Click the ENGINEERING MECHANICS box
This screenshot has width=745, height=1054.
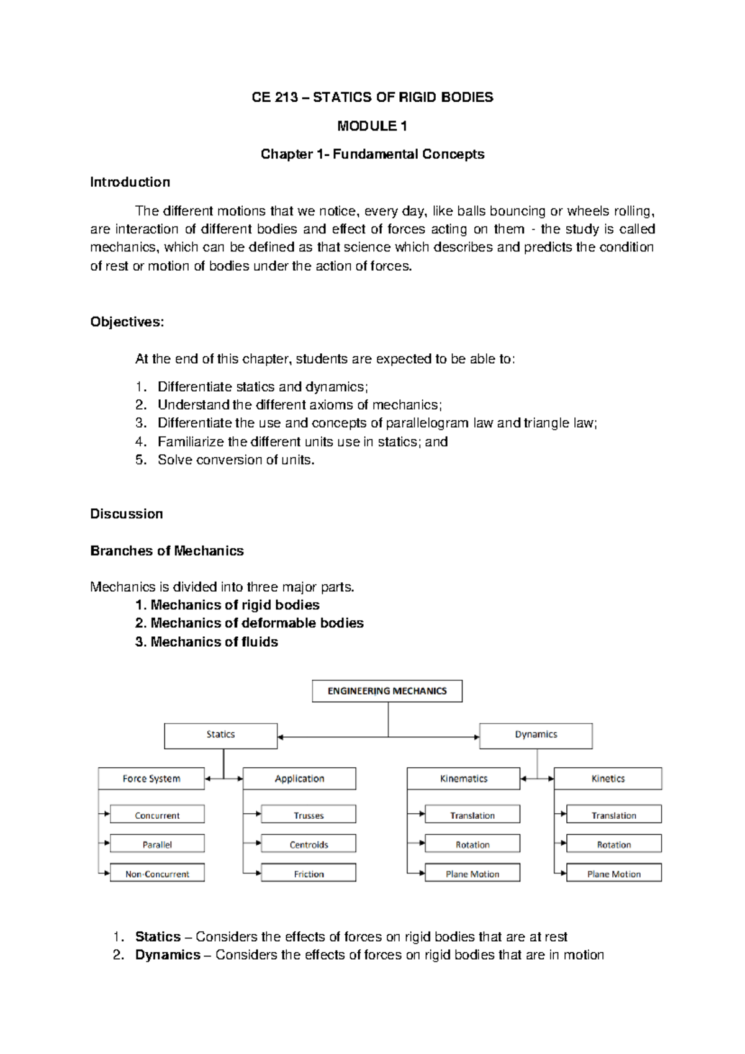click(x=387, y=691)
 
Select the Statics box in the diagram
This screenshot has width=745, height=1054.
click(x=220, y=735)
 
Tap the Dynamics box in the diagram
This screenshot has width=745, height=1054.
click(x=535, y=735)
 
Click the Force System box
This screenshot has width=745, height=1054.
click(x=151, y=778)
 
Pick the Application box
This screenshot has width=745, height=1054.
click(x=299, y=778)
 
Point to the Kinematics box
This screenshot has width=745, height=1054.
click(x=463, y=778)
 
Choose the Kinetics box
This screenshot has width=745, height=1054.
click(x=608, y=778)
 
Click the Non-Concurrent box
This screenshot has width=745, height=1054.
click(x=157, y=873)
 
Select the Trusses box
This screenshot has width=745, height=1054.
click(x=309, y=815)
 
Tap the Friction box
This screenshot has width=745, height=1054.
click(x=309, y=873)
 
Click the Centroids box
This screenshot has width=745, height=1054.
click(x=309, y=844)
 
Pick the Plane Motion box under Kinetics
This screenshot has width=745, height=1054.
click(x=613, y=873)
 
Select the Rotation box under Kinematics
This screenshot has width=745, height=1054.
click(x=472, y=844)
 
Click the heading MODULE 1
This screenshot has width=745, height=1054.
click(x=372, y=126)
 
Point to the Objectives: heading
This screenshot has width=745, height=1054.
click(x=127, y=322)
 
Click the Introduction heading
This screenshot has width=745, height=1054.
click(x=130, y=182)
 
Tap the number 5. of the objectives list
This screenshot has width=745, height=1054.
click(x=141, y=460)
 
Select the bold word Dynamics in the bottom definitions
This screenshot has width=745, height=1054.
click(x=168, y=955)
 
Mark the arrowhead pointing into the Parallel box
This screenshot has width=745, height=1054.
click(x=107, y=843)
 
